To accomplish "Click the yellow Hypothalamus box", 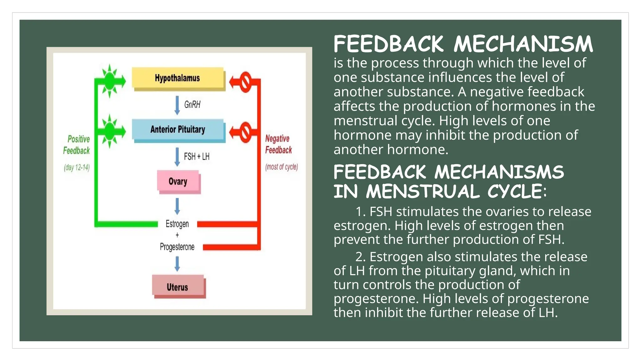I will pyautogui.click(x=178, y=78).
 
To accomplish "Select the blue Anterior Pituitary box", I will pyautogui.click(x=178, y=129).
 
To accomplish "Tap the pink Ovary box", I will pyautogui.click(x=178, y=181).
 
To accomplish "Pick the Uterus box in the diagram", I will pyautogui.click(x=178, y=286).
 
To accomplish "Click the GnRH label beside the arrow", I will pyautogui.click(x=192, y=105).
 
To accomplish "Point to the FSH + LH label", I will pyautogui.click(x=197, y=156).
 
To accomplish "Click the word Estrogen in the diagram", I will pyautogui.click(x=177, y=224).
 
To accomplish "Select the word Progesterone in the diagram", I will pyautogui.click(x=177, y=247).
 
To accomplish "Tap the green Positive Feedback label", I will pyautogui.click(x=77, y=145).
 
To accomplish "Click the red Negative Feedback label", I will pyautogui.click(x=278, y=144).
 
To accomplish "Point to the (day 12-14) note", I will pyautogui.click(x=77, y=168).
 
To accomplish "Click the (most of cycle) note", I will pyautogui.click(x=281, y=167).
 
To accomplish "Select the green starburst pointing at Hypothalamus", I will pyautogui.click(x=110, y=81).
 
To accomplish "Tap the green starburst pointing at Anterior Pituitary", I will pyautogui.click(x=110, y=131).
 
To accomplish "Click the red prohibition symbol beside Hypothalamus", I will pyautogui.click(x=245, y=82).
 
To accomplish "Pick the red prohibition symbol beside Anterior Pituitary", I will pyautogui.click(x=245, y=132).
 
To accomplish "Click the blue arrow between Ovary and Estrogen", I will pyautogui.click(x=177, y=206).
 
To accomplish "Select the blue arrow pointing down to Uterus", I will pyautogui.click(x=177, y=264).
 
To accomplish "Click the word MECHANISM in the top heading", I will pyautogui.click(x=523, y=44).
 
